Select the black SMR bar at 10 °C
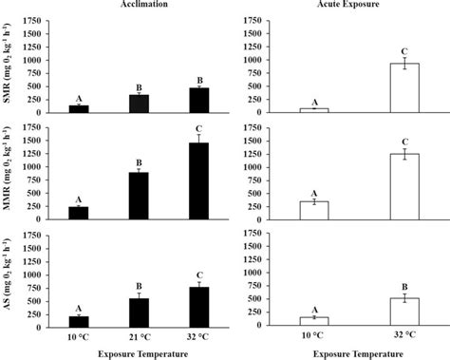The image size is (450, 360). pos(79,108)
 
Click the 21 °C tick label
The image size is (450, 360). pos(139,336)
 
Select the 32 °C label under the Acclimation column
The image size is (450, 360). pos(198,336)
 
